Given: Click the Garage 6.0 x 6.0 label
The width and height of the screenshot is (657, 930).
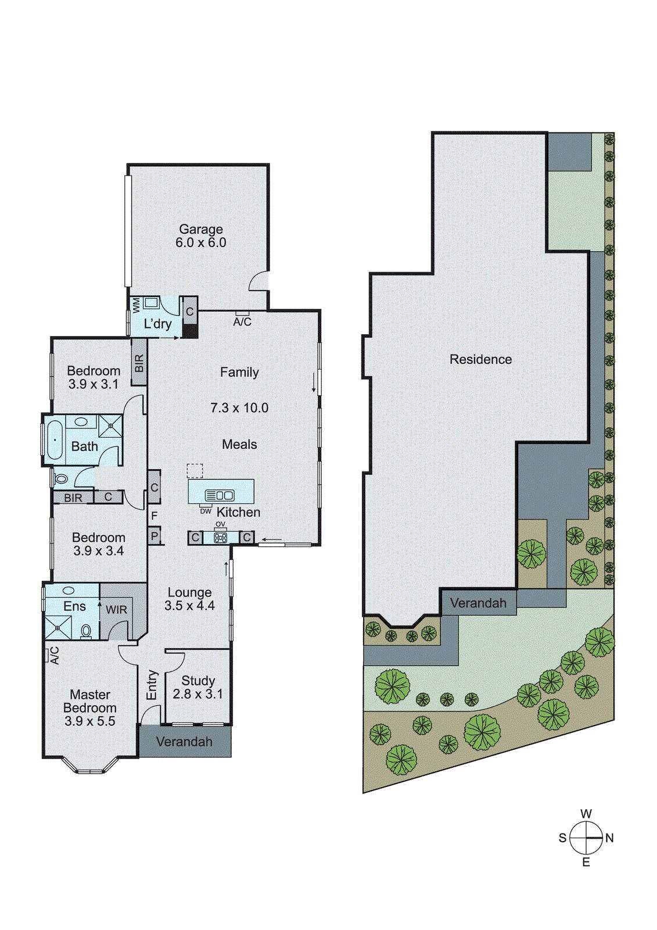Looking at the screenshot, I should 200,236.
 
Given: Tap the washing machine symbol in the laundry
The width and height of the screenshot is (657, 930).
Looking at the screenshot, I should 152,303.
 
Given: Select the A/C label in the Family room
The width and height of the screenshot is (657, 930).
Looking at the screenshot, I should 242,321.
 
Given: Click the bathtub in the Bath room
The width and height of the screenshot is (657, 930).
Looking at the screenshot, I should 55,440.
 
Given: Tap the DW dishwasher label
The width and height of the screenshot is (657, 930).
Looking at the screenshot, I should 206,512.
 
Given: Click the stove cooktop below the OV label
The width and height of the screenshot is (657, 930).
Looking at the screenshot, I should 220,538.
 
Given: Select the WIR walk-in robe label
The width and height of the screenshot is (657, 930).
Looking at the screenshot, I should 116,610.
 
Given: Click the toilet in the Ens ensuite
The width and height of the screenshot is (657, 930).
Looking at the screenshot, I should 86,631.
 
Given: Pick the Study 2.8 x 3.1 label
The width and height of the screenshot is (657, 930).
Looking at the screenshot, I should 198,687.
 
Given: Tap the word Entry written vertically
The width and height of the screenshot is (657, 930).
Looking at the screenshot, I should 152,685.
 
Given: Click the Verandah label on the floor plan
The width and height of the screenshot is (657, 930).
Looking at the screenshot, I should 184,742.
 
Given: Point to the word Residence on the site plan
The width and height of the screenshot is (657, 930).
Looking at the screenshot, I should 480,359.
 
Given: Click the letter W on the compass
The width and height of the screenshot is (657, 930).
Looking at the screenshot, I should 586,814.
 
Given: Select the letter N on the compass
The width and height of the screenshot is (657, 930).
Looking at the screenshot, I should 609,838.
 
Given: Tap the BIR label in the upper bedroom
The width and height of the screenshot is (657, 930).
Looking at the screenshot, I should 139,364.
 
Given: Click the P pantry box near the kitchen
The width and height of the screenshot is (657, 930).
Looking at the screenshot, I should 154,535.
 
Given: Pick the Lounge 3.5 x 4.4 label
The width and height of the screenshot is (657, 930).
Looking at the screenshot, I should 189,599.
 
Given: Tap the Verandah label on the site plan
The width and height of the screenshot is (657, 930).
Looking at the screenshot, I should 478,603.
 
